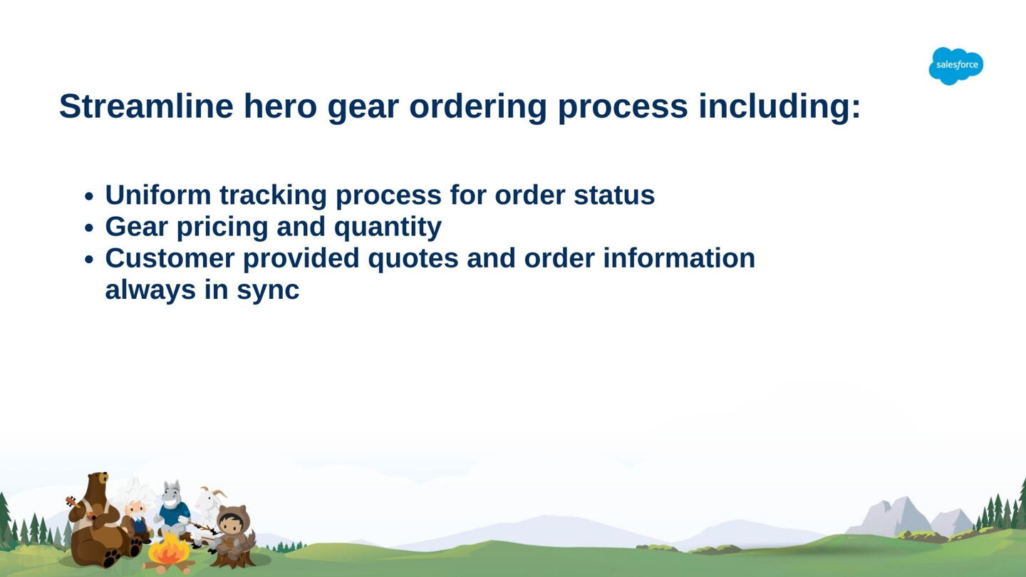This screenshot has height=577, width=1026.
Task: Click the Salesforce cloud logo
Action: click(956, 66)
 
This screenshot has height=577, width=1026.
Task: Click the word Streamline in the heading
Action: click(146, 106)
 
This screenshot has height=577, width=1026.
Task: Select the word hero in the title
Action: click(280, 106)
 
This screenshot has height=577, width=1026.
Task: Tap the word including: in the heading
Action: click(779, 106)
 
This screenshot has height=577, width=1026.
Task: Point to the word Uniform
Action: click(158, 195)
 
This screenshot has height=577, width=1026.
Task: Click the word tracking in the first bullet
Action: click(273, 195)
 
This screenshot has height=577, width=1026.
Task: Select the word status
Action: click(614, 195)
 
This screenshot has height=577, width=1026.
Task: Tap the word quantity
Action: click(388, 228)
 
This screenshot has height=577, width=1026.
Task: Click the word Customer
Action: click(170, 257)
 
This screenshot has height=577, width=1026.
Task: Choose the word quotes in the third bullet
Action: click(413, 259)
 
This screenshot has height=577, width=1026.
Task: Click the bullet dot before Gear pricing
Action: click(89, 228)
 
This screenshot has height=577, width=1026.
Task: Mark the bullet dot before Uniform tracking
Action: click(89, 196)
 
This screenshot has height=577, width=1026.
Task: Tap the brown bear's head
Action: click(97, 485)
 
